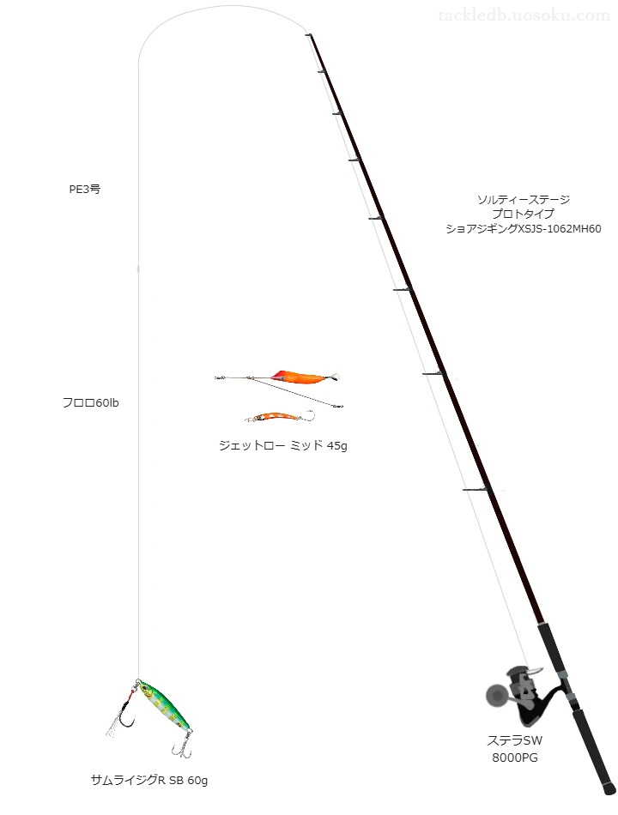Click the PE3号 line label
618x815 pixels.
[85, 190]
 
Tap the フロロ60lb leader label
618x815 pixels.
[90, 403]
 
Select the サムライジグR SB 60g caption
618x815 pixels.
[149, 780]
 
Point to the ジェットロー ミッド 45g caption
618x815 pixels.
[283, 445]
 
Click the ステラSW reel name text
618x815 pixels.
[514, 740]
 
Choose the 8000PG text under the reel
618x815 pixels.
[515, 758]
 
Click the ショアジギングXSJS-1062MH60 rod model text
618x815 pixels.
[524, 229]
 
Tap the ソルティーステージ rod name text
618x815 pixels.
[524, 200]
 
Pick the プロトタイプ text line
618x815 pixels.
[524, 214]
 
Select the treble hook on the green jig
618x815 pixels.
[182, 746]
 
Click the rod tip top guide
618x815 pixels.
[308, 35]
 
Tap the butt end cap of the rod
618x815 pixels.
[609, 788]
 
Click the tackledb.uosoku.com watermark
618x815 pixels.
[524, 15]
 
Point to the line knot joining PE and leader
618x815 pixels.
[138, 269]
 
